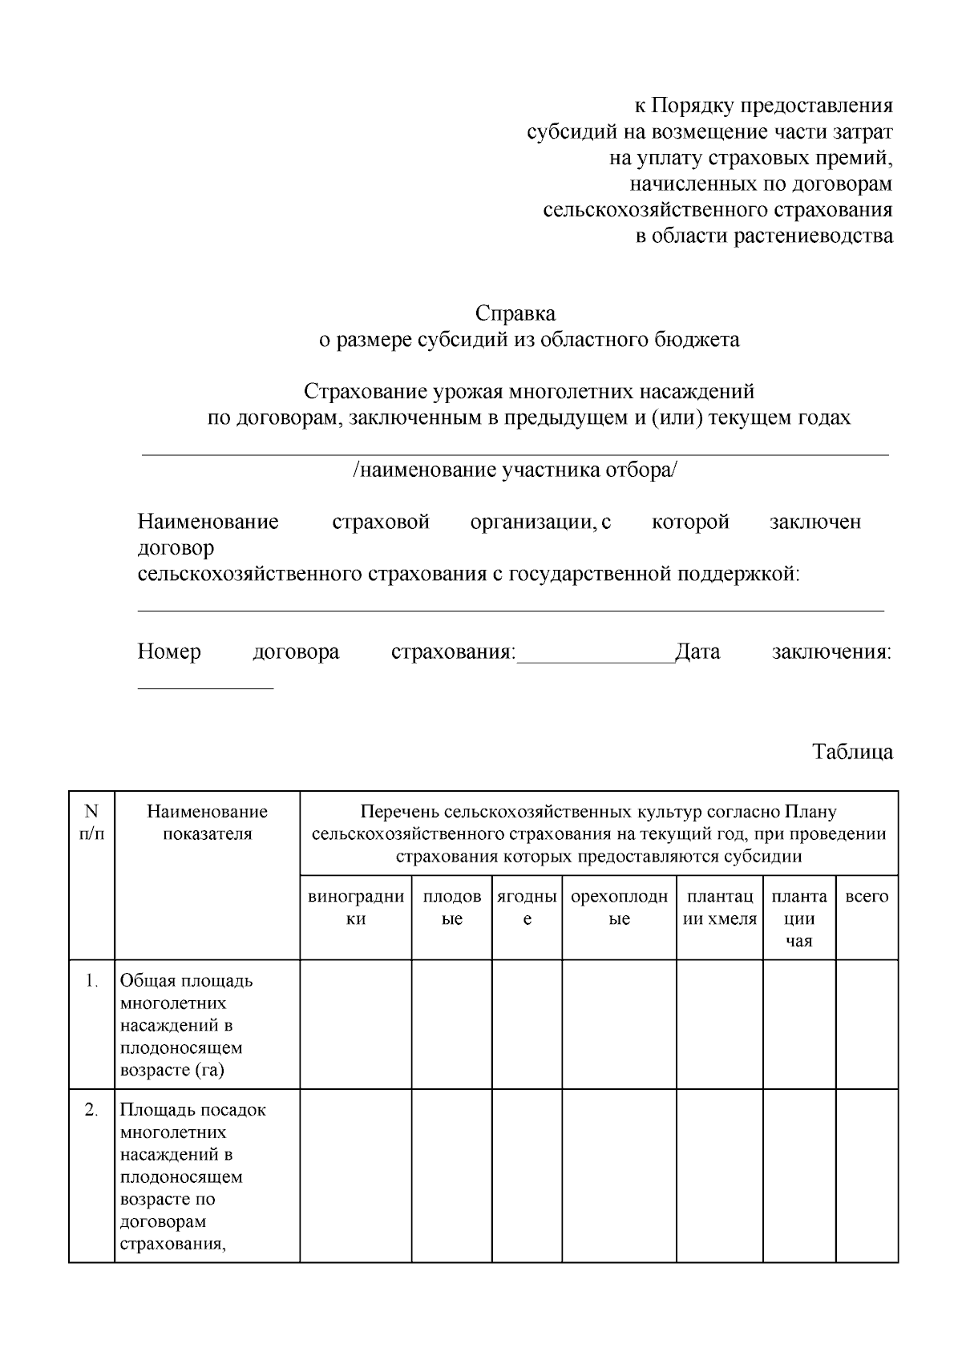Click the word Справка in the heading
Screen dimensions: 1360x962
click(x=515, y=313)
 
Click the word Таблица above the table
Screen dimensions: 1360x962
click(x=852, y=752)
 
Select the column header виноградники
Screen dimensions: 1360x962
click(x=356, y=908)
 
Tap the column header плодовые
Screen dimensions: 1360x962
click(x=452, y=908)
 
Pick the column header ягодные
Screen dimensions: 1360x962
click(x=527, y=908)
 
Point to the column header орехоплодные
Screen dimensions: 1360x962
click(x=619, y=908)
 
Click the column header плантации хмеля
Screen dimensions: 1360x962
click(x=719, y=908)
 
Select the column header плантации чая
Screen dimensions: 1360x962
click(x=798, y=918)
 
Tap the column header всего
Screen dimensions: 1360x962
click(x=867, y=897)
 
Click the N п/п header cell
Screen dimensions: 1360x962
click(x=91, y=822)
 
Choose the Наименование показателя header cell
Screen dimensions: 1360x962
click(x=207, y=822)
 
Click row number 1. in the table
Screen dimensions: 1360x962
click(x=91, y=981)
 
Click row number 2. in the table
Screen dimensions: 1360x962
click(x=91, y=1110)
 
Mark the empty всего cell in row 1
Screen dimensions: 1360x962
click(x=867, y=1023)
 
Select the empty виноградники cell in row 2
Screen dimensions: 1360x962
click(x=356, y=1175)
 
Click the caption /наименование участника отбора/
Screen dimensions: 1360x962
click(x=515, y=470)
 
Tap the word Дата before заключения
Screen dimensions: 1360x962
click(x=697, y=652)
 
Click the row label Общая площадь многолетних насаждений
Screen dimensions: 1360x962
click(x=186, y=1025)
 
